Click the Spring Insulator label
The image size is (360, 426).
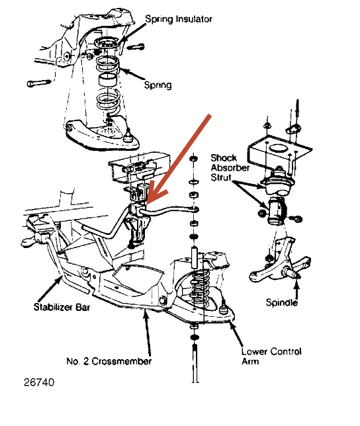click(x=179, y=19)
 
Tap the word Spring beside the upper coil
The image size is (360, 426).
click(x=157, y=85)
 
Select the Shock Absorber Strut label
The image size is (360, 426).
click(x=230, y=167)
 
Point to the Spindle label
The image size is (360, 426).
click(x=282, y=302)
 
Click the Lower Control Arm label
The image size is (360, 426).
click(x=271, y=356)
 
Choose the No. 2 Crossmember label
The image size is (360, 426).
click(x=109, y=361)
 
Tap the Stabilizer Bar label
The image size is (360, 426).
click(x=62, y=307)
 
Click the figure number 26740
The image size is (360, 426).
click(x=39, y=382)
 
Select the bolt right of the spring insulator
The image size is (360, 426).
click(x=136, y=47)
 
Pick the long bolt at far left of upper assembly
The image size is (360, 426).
click(x=39, y=83)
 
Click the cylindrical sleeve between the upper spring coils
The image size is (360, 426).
click(x=108, y=79)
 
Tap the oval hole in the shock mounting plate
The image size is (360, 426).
click(x=279, y=149)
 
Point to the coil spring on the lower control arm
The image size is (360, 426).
click(x=201, y=288)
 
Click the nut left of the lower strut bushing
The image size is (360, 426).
click(x=261, y=213)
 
